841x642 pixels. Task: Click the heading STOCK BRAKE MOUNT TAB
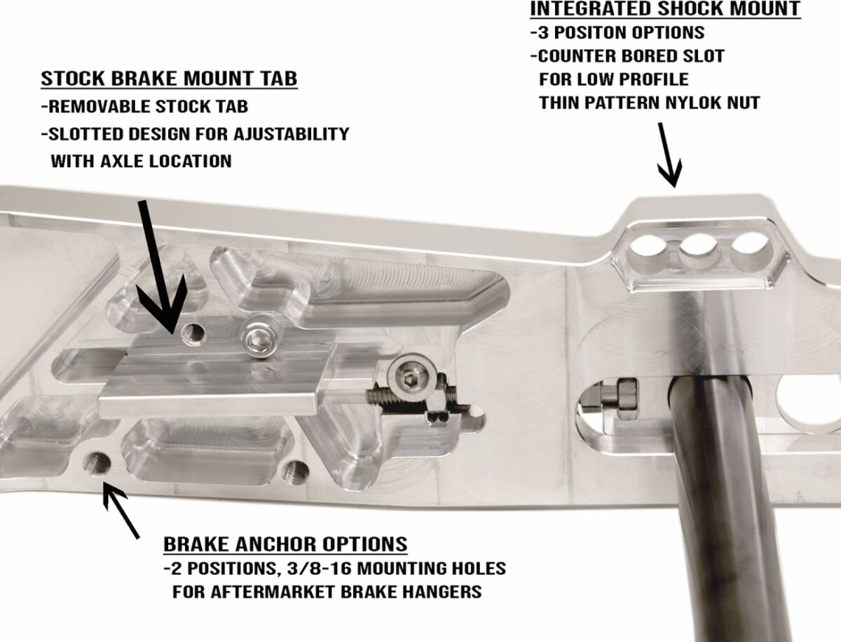coord(169,79)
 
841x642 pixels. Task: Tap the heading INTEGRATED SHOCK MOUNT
coord(665,8)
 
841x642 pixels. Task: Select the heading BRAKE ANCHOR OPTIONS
coord(285,544)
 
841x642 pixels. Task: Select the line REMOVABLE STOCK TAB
coord(145,106)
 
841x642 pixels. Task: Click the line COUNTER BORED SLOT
coord(627,56)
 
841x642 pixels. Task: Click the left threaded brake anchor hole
coord(97,464)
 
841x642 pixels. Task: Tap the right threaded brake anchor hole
coord(296,471)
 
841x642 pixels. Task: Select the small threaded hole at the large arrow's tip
coord(193,332)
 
